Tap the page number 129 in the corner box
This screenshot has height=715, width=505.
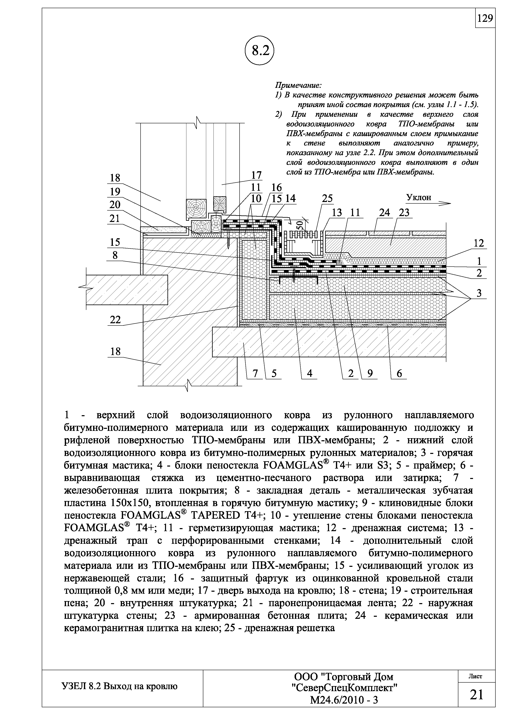tap(485, 19)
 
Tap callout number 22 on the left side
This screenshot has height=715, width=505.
tap(115, 320)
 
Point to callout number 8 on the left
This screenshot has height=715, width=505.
tap(115, 255)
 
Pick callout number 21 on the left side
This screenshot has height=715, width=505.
tap(115, 219)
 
